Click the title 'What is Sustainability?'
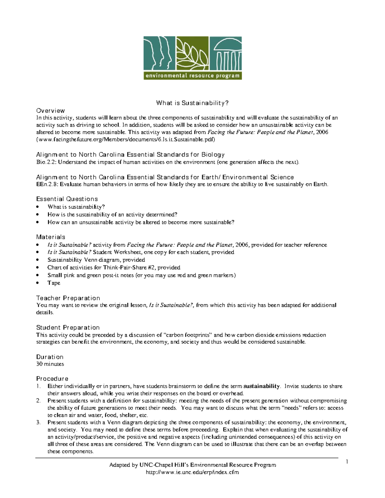point(192,103)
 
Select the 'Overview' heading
point(50,111)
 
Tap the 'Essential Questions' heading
point(67,199)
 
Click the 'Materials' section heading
point(50,237)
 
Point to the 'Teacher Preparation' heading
point(68,298)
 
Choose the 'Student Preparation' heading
point(68,327)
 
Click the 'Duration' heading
point(50,357)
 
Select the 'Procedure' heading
point(52,378)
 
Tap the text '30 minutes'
point(50,364)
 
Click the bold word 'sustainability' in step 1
point(261,386)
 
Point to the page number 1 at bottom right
point(347,462)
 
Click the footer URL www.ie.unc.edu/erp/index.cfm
point(192,472)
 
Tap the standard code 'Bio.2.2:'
point(46,162)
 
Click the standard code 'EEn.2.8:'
point(47,184)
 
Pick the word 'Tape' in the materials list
point(54,283)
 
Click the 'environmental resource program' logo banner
point(192,76)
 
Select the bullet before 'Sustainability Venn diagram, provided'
point(38,260)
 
